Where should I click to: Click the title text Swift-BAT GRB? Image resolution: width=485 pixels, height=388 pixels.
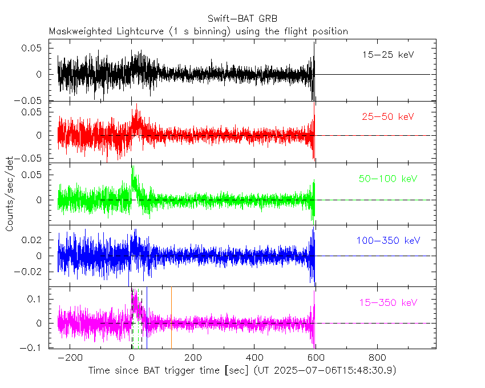(242, 18)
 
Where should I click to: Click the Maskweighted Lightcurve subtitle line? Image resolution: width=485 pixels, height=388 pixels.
(198, 31)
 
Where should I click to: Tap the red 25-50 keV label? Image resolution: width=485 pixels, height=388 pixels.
(387, 116)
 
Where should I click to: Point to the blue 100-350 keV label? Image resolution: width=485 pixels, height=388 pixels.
(388, 241)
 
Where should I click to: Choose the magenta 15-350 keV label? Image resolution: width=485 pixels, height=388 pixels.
(388, 302)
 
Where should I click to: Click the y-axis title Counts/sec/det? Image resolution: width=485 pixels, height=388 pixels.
(10, 194)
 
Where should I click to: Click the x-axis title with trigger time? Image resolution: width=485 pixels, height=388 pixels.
(242, 370)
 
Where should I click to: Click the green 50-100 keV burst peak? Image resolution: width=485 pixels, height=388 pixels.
(132, 167)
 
